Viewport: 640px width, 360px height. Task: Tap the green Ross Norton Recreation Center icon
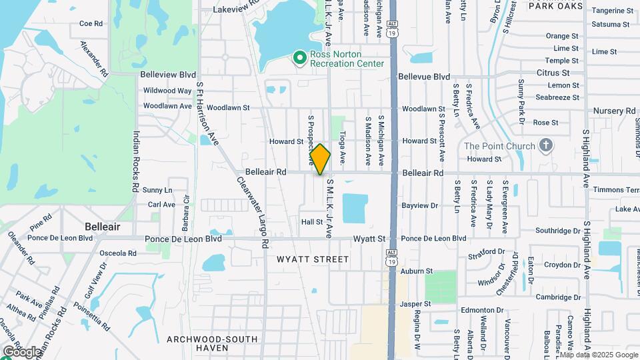(x=300, y=59)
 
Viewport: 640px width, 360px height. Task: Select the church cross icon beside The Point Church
(x=546, y=146)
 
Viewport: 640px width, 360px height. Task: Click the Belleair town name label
(x=103, y=227)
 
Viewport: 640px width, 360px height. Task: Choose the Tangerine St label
(x=612, y=11)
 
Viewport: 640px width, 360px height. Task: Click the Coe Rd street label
(x=91, y=23)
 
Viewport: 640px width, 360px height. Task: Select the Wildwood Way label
(x=167, y=91)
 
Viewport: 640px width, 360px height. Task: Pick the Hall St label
(x=312, y=222)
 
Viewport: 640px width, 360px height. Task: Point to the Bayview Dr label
(x=420, y=206)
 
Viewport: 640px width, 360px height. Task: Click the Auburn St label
(x=417, y=271)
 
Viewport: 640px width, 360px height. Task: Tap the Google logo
(x=22, y=351)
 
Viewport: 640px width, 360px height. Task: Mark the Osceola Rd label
(x=117, y=253)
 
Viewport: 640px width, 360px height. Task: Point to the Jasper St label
(x=417, y=304)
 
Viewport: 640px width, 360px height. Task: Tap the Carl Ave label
(x=161, y=205)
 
